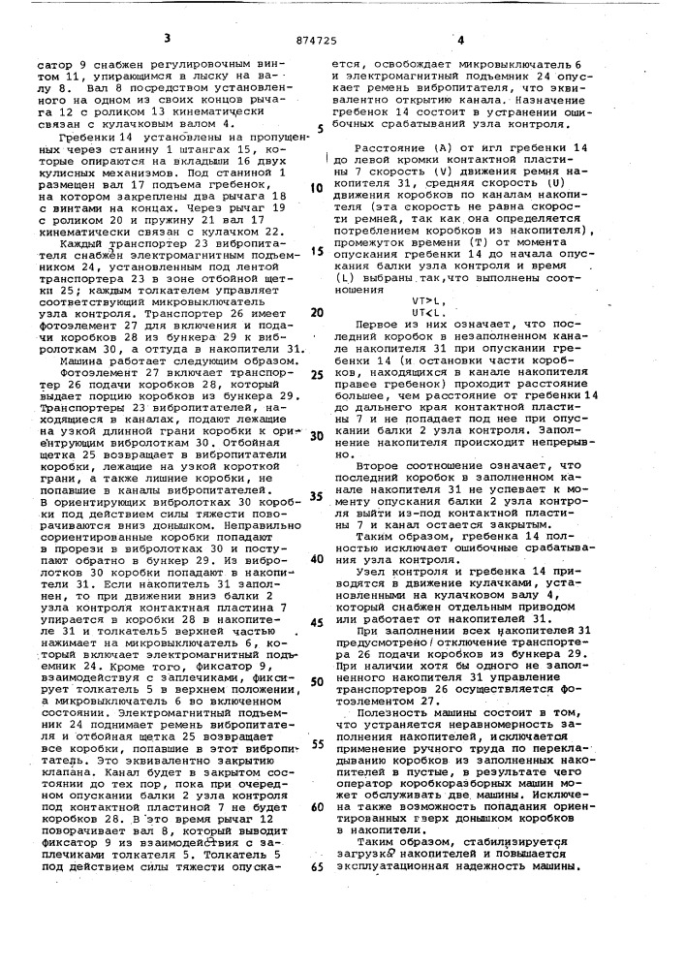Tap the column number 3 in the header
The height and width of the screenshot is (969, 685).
[167, 39]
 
